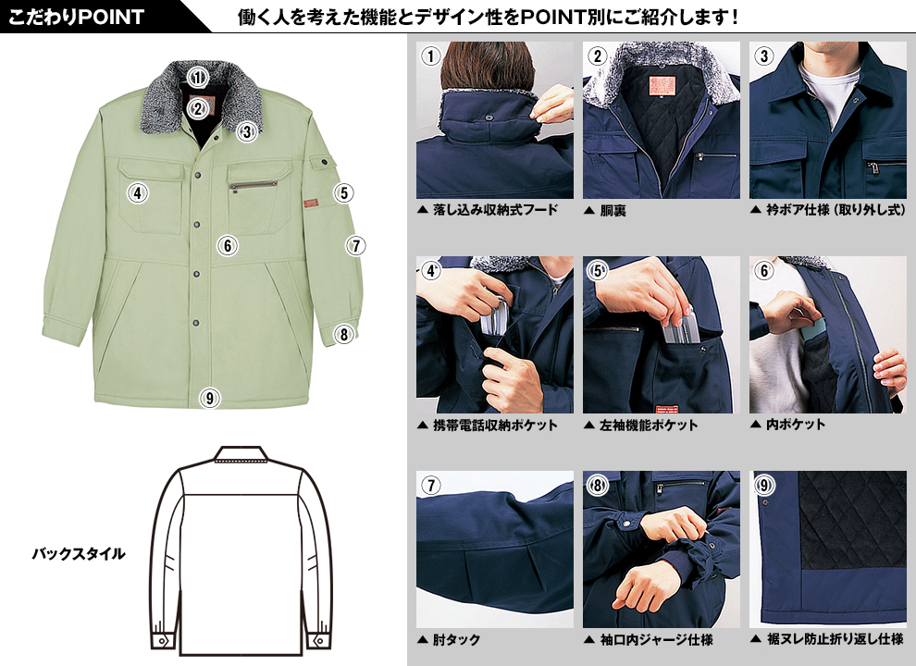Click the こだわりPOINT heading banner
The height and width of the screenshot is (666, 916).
(76, 17)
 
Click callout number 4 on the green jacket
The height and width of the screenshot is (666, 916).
(138, 192)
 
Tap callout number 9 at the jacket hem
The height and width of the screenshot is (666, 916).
(209, 399)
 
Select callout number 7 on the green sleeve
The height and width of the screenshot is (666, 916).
(356, 245)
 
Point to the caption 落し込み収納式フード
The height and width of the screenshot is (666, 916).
(495, 210)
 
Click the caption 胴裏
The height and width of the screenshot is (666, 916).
(613, 210)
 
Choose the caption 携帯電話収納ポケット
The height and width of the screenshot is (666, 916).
(495, 425)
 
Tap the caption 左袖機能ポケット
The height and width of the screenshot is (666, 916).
(649, 425)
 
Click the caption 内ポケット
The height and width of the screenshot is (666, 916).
(796, 425)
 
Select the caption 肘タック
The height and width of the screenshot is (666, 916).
(456, 640)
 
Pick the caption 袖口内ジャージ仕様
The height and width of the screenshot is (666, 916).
(657, 640)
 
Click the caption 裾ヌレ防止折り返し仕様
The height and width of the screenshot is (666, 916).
(836, 640)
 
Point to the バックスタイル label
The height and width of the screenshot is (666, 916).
(79, 554)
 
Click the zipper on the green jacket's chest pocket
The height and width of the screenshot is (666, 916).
(253, 186)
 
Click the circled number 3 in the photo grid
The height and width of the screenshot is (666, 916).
(763, 56)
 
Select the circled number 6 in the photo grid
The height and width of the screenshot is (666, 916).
(763, 270)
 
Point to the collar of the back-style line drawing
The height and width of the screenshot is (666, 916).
(241, 454)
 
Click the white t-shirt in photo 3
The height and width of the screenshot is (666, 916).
(830, 93)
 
